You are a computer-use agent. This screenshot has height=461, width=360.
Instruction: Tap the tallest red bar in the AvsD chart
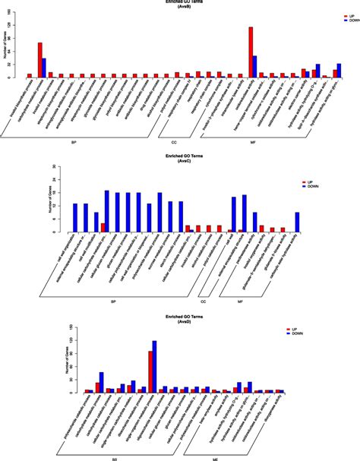pos(150,371)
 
